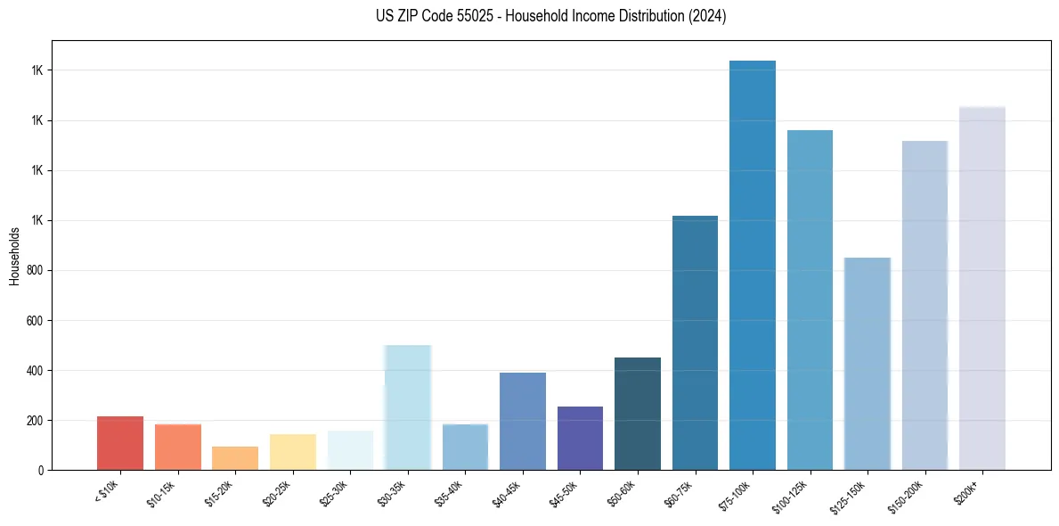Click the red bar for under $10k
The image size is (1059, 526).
point(120,442)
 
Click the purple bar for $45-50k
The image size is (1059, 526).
point(580,438)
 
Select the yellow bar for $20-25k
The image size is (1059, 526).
point(293,451)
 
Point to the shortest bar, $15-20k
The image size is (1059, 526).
point(235,457)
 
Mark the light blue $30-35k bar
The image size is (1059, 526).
point(408,407)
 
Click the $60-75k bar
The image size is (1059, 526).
point(695,342)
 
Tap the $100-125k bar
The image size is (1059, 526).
point(810,300)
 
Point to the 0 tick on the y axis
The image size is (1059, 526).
point(42,470)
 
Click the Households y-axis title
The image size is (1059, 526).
point(15,256)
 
